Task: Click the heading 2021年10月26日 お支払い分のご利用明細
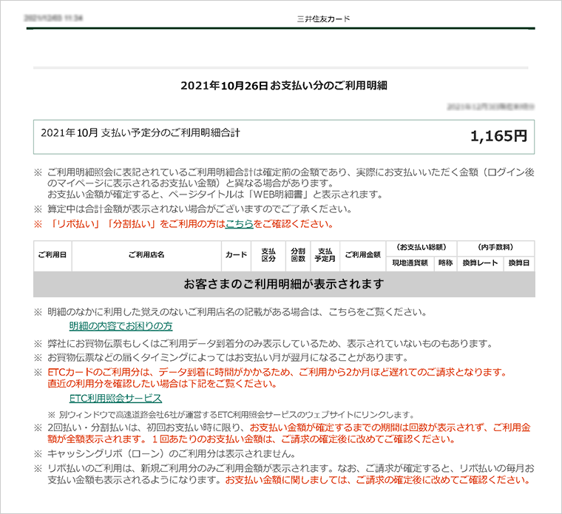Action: pyautogui.click(x=284, y=86)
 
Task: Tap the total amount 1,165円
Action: pyautogui.click(x=498, y=136)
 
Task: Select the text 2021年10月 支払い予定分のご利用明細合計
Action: pyautogui.click(x=140, y=133)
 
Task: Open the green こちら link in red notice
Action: pyautogui.click(x=239, y=223)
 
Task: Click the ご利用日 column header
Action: pyautogui.click(x=53, y=255)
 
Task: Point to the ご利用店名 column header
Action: pyautogui.click(x=146, y=255)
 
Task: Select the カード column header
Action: pyautogui.click(x=236, y=255)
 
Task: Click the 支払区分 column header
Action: pyautogui.click(x=269, y=255)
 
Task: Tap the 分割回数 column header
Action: pyautogui.click(x=298, y=255)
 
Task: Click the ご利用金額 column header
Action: pyautogui.click(x=362, y=255)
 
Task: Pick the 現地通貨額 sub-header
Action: pyautogui.click(x=410, y=263)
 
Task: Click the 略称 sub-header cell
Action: pyautogui.click(x=445, y=263)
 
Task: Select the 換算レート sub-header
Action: pyautogui.click(x=481, y=263)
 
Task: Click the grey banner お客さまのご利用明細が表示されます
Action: pyautogui.click(x=284, y=284)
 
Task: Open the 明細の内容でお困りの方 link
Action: pyautogui.click(x=121, y=326)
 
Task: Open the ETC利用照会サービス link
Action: pyautogui.click(x=115, y=398)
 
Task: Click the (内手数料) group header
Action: pyautogui.click(x=495, y=247)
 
